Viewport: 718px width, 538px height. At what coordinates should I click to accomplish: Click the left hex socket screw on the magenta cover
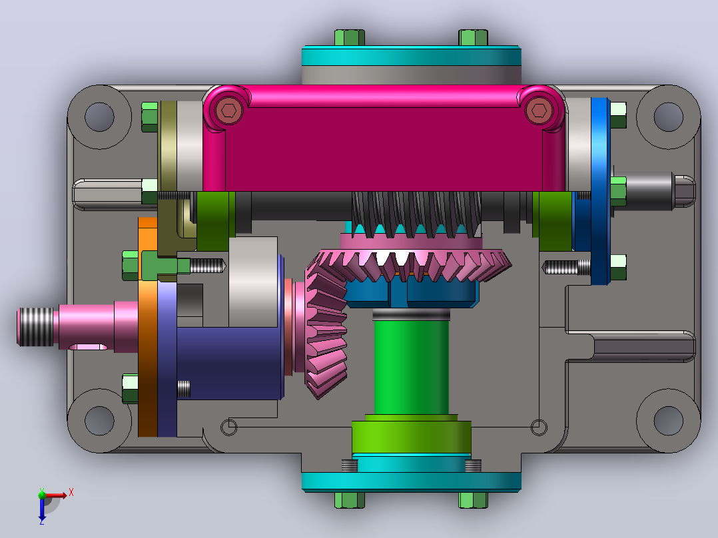point(228,111)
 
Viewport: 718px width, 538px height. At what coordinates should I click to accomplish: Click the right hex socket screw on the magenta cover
point(538,111)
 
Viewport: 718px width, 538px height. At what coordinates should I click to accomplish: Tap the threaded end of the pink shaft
point(35,326)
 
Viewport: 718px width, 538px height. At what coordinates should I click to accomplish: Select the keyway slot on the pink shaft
point(89,347)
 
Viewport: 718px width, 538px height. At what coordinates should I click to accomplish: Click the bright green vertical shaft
point(411,366)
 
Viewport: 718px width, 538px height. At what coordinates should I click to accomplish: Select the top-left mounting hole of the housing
point(99,117)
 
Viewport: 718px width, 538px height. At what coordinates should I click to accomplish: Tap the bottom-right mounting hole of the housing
point(669,420)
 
